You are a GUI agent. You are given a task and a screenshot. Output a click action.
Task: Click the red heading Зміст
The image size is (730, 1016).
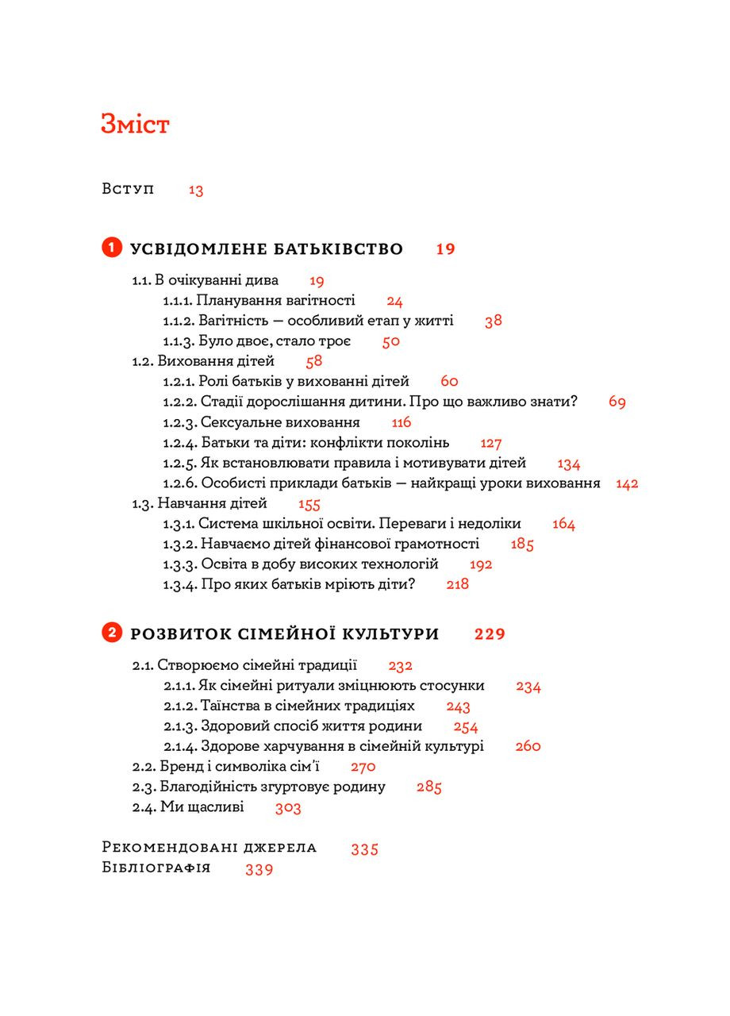[135, 125]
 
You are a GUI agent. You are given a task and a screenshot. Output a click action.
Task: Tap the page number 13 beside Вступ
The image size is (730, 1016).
[196, 190]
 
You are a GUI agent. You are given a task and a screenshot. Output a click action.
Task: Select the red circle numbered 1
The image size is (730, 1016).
[111, 248]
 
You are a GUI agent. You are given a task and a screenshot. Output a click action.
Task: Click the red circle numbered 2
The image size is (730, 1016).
[111, 633]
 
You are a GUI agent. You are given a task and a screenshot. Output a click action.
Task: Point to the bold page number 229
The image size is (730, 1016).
[490, 634]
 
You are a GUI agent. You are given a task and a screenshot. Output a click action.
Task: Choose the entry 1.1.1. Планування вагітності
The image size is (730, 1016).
[259, 301]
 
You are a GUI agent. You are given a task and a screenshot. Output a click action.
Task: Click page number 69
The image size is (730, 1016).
[617, 402]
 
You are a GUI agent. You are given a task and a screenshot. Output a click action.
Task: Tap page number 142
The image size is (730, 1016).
[627, 483]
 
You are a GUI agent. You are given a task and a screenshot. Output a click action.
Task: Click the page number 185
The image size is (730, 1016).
[523, 545]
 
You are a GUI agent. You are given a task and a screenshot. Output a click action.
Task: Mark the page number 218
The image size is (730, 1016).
[458, 584]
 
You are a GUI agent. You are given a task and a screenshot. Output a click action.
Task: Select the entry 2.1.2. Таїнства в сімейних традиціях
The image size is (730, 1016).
[289, 706]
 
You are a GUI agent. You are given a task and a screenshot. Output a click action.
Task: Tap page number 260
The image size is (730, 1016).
[528, 746]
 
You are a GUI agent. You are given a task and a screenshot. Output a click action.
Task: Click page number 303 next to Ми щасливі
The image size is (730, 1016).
[288, 808]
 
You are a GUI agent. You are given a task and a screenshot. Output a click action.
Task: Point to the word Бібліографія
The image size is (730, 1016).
[156, 868]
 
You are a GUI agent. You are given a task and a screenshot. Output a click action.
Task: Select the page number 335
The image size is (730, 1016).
[365, 849]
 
